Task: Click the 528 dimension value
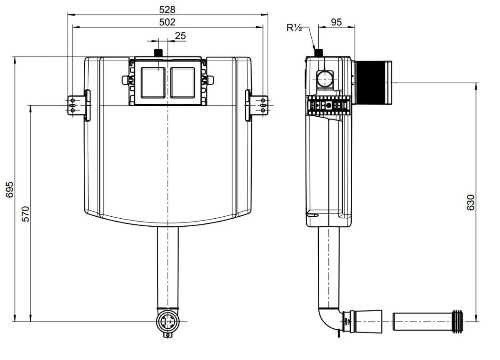(x=167, y=9)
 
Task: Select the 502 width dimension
(x=167, y=22)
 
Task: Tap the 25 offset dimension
(x=180, y=36)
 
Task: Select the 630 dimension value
(x=471, y=202)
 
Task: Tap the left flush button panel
(x=153, y=82)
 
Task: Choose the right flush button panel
(x=182, y=82)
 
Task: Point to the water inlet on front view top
(x=159, y=53)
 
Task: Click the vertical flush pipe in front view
(x=167, y=267)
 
